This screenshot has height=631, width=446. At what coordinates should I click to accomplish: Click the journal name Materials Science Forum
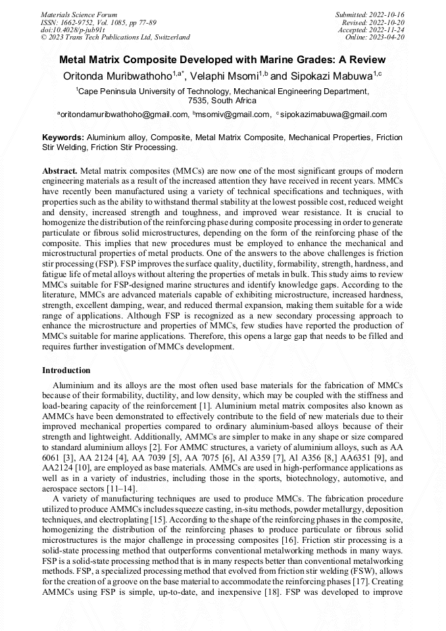[79, 14]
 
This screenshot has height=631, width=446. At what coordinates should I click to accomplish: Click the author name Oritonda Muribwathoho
[114, 77]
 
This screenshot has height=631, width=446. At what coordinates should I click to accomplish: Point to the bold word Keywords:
[62, 138]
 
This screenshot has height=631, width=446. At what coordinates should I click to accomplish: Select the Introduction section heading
[66, 370]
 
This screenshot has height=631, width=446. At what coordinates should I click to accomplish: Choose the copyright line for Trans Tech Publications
[115, 38]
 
